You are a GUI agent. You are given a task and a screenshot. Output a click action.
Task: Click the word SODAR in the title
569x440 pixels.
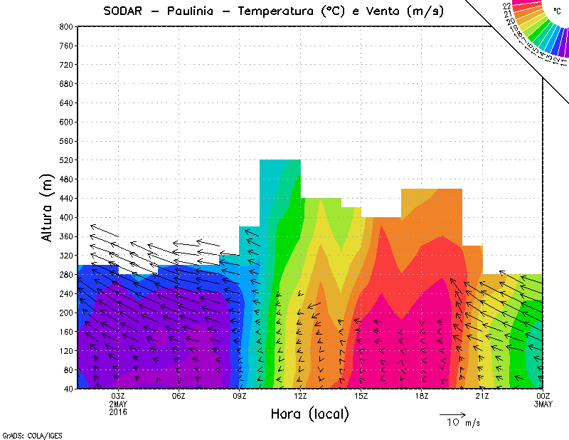pos(124,11)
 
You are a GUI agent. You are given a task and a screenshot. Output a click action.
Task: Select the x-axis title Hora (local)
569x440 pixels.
pos(309,414)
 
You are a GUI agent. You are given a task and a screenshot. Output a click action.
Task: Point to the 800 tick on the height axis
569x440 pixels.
pos(66,26)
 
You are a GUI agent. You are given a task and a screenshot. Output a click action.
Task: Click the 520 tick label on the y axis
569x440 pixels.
pos(66,160)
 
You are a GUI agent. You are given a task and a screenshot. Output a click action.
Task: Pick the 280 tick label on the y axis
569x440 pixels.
pos(66,275)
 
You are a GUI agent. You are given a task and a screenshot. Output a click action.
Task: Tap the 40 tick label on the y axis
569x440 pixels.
pos(68,389)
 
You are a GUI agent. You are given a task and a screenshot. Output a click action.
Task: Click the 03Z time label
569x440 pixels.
pos(118,397)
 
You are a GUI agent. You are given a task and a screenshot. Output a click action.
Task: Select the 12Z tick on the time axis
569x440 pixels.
pos(300,397)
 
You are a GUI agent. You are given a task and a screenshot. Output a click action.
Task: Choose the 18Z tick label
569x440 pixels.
pos(422,397)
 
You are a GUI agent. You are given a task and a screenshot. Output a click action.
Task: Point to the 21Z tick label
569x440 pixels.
pos(482,397)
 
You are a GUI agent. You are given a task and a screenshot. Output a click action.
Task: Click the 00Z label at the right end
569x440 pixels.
pos(543,397)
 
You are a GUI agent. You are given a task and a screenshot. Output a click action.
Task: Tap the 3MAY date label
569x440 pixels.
pos(543,404)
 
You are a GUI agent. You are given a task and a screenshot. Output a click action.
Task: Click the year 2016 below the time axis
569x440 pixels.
pos(118,412)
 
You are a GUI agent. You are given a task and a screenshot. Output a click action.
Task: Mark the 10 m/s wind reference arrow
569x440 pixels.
pos(452,414)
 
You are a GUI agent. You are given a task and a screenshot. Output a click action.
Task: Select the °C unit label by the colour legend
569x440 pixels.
pos(556,11)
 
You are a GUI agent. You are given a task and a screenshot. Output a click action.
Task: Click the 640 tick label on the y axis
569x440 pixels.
pos(66,103)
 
